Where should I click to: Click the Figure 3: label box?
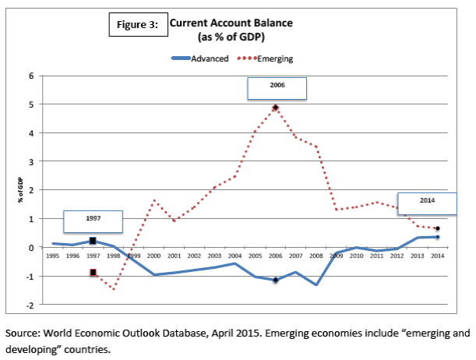138,24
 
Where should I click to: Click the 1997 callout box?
93,221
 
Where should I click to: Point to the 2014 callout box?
426,203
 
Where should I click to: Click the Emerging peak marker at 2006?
276,108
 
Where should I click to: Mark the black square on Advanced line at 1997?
93,242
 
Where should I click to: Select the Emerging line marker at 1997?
93,273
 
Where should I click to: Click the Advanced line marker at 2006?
276,280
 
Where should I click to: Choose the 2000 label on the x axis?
154,256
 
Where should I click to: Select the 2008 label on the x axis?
316,256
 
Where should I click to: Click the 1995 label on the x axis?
52,256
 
